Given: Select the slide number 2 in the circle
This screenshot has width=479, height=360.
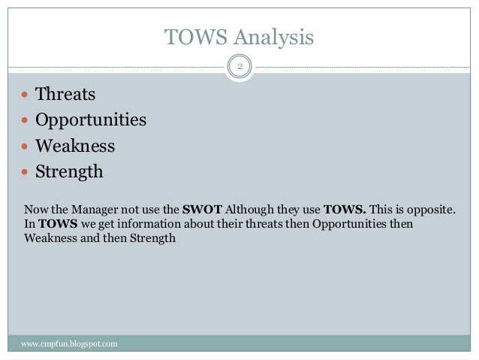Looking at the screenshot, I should tap(239, 68).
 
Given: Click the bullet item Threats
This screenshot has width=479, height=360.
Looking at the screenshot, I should tap(65, 95).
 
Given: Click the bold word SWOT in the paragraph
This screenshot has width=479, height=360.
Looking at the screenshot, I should tap(203, 209).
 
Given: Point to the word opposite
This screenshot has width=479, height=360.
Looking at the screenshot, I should tap(432, 209).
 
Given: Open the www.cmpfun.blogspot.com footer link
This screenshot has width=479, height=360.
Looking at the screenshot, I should tap(69, 344).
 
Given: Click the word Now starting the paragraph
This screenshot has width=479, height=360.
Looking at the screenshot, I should tap(35, 209).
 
